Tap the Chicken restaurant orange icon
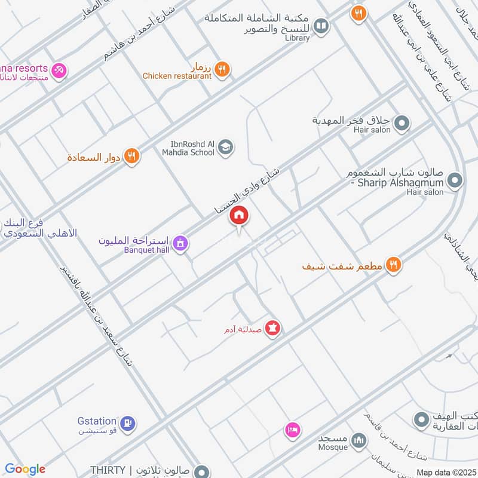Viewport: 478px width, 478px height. coord(222,69)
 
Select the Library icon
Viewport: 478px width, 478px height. coord(321,26)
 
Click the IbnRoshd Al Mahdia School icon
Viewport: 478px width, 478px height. coord(225,147)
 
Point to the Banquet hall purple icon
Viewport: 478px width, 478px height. coord(180,243)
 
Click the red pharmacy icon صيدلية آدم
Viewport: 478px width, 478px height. coord(273,328)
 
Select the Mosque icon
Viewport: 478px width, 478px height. coord(358,441)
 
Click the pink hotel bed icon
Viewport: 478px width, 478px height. coord(292,430)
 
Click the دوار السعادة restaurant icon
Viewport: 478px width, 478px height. coord(132,157)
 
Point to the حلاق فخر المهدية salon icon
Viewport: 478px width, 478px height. coord(402,124)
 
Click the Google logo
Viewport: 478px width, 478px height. coord(25,469)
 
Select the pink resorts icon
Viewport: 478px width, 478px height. coord(59,71)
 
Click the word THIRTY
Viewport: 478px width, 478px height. coord(108,471)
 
